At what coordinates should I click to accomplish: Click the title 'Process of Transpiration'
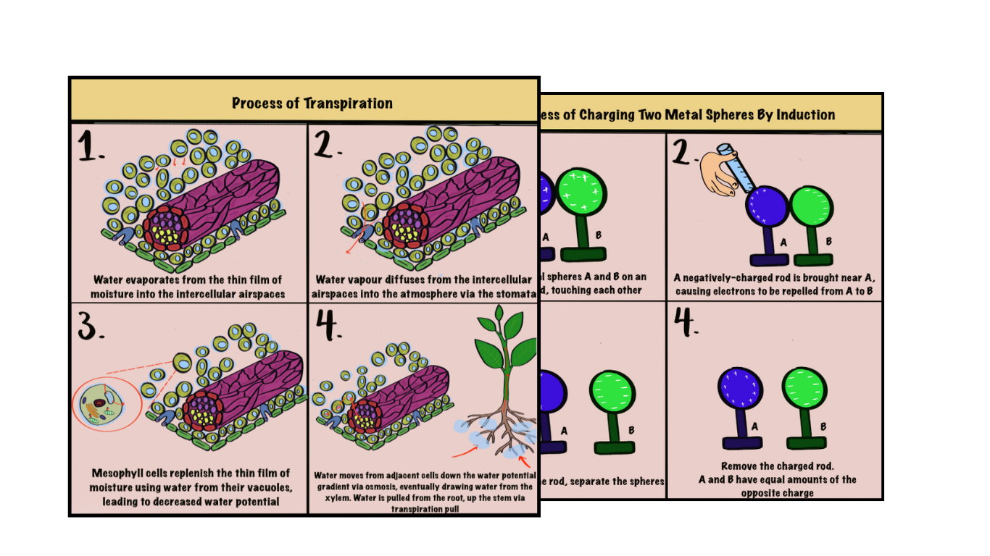point(312,103)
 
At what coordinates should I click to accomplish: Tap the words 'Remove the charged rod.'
point(774,466)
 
